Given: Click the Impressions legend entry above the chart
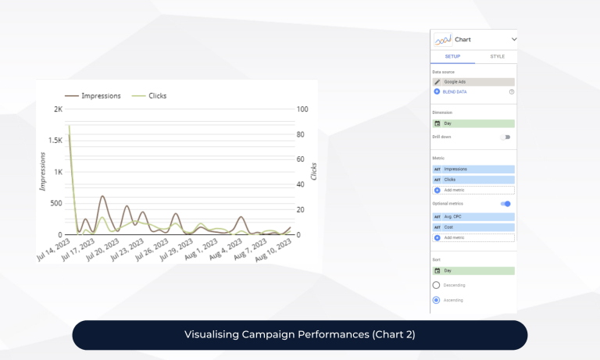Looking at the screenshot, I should pyautogui.click(x=93, y=96).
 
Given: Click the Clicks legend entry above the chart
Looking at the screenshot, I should pyautogui.click(x=149, y=96).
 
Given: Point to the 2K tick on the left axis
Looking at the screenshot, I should pyautogui.click(x=57, y=109).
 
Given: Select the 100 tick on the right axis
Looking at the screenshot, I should pyautogui.click(x=302, y=109).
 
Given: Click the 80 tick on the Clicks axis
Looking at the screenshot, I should pyautogui.click(x=300, y=134).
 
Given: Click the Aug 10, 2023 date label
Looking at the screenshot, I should pyautogui.click(x=274, y=252).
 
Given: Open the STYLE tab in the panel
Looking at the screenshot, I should pyautogui.click(x=497, y=56).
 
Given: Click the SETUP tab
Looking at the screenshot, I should pyautogui.click(x=453, y=56).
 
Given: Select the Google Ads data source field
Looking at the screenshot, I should pyautogui.click(x=473, y=81).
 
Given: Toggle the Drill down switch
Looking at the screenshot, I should pyautogui.click(x=505, y=137).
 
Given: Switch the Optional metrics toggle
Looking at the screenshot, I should pyautogui.click(x=505, y=204).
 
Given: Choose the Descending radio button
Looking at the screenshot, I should pyautogui.click(x=436, y=285).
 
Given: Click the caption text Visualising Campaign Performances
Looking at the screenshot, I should pyautogui.click(x=299, y=335).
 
